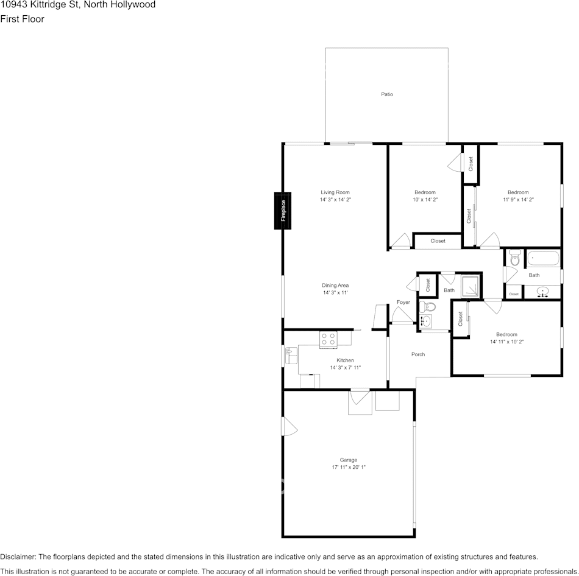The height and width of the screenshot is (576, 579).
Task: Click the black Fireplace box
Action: point(283,211)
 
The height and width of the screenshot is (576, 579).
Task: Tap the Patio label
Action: point(387,94)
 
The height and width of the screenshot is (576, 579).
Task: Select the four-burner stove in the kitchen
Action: point(328,339)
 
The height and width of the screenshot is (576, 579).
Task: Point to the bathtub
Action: point(542,259)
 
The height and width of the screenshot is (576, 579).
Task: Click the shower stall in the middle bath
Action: point(471,286)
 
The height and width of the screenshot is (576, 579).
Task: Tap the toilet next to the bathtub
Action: point(514,259)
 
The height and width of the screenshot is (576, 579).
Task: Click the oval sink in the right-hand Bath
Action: point(542,293)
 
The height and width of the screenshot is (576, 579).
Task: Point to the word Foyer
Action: point(403,302)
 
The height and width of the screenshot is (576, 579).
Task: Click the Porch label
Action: point(418,354)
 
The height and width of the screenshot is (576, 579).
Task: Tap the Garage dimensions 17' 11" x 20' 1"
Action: point(349,467)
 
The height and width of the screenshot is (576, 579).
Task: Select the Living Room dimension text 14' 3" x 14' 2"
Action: point(335,200)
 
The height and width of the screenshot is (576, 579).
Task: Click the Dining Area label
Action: point(335,285)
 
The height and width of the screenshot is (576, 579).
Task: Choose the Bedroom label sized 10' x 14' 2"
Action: point(425,192)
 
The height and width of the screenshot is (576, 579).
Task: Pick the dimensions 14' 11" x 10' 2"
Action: point(506,342)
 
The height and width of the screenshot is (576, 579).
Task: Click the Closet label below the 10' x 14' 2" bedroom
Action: point(438,241)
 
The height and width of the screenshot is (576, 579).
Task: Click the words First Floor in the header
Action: point(22,19)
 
